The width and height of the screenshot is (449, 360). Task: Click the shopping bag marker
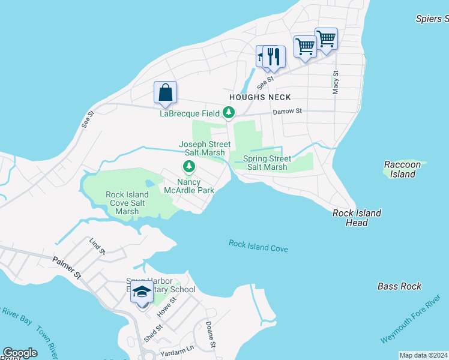coord(165,93)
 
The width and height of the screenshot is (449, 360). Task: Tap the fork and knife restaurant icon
coord(274,57)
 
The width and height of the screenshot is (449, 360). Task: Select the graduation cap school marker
coord(142,293)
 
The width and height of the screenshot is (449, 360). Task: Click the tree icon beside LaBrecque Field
coord(228,112)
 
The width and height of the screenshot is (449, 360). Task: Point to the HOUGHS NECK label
coord(260,97)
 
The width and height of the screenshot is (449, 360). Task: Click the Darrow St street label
coord(287,111)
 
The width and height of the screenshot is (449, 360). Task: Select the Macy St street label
coord(336,83)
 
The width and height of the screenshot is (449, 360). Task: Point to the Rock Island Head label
coord(357,218)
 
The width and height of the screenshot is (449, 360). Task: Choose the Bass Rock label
coord(399,286)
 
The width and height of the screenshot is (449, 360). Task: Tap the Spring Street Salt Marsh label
coord(267,163)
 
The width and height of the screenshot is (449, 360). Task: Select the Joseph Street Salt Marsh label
coord(204,148)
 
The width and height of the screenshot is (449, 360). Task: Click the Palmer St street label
coord(67,268)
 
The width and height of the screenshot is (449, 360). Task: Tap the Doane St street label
coord(210,335)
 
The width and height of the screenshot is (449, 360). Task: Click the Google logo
coord(20,353)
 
